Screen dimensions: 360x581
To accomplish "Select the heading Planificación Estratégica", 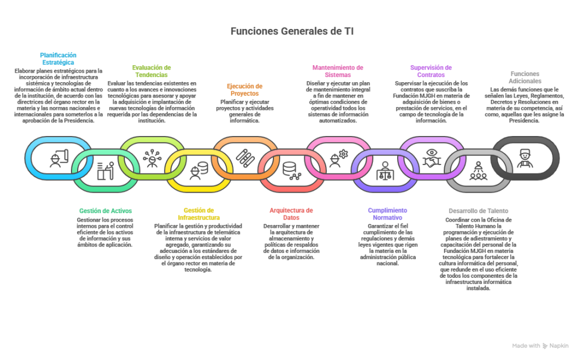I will (x=58, y=58).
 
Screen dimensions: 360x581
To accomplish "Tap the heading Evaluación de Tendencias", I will (x=151, y=71).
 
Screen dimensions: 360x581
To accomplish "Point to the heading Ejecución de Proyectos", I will (x=245, y=90).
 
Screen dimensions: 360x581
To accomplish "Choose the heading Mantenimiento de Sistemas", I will (x=338, y=71).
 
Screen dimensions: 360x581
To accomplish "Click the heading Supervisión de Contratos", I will (x=431, y=71).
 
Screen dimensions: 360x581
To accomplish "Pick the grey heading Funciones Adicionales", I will (x=525, y=77).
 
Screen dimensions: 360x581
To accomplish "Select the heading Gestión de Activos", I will (x=106, y=211).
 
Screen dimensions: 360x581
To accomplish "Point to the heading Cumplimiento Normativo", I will (x=385, y=214).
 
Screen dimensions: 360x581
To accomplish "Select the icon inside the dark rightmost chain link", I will (x=525, y=157).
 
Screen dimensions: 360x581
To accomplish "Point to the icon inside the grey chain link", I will (x=478, y=170).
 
